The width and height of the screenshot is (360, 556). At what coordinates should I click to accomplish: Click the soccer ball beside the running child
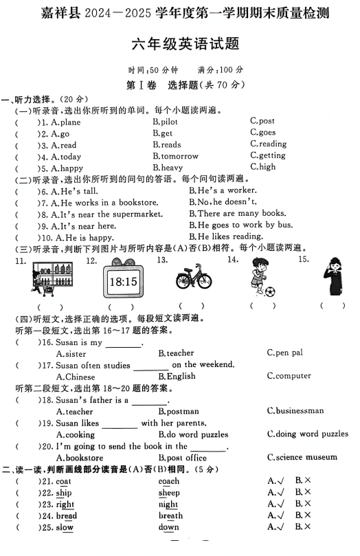coord(270,291)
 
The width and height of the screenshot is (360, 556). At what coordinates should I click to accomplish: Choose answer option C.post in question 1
coord(262,122)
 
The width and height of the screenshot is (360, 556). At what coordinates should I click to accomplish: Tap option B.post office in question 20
coord(182,458)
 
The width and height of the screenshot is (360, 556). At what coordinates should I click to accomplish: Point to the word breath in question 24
coord(170,515)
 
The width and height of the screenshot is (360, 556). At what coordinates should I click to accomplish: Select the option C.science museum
coord(302,457)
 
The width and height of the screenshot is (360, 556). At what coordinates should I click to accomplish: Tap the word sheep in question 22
coord(169,493)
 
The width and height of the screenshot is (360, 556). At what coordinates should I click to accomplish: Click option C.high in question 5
coord(262,167)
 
